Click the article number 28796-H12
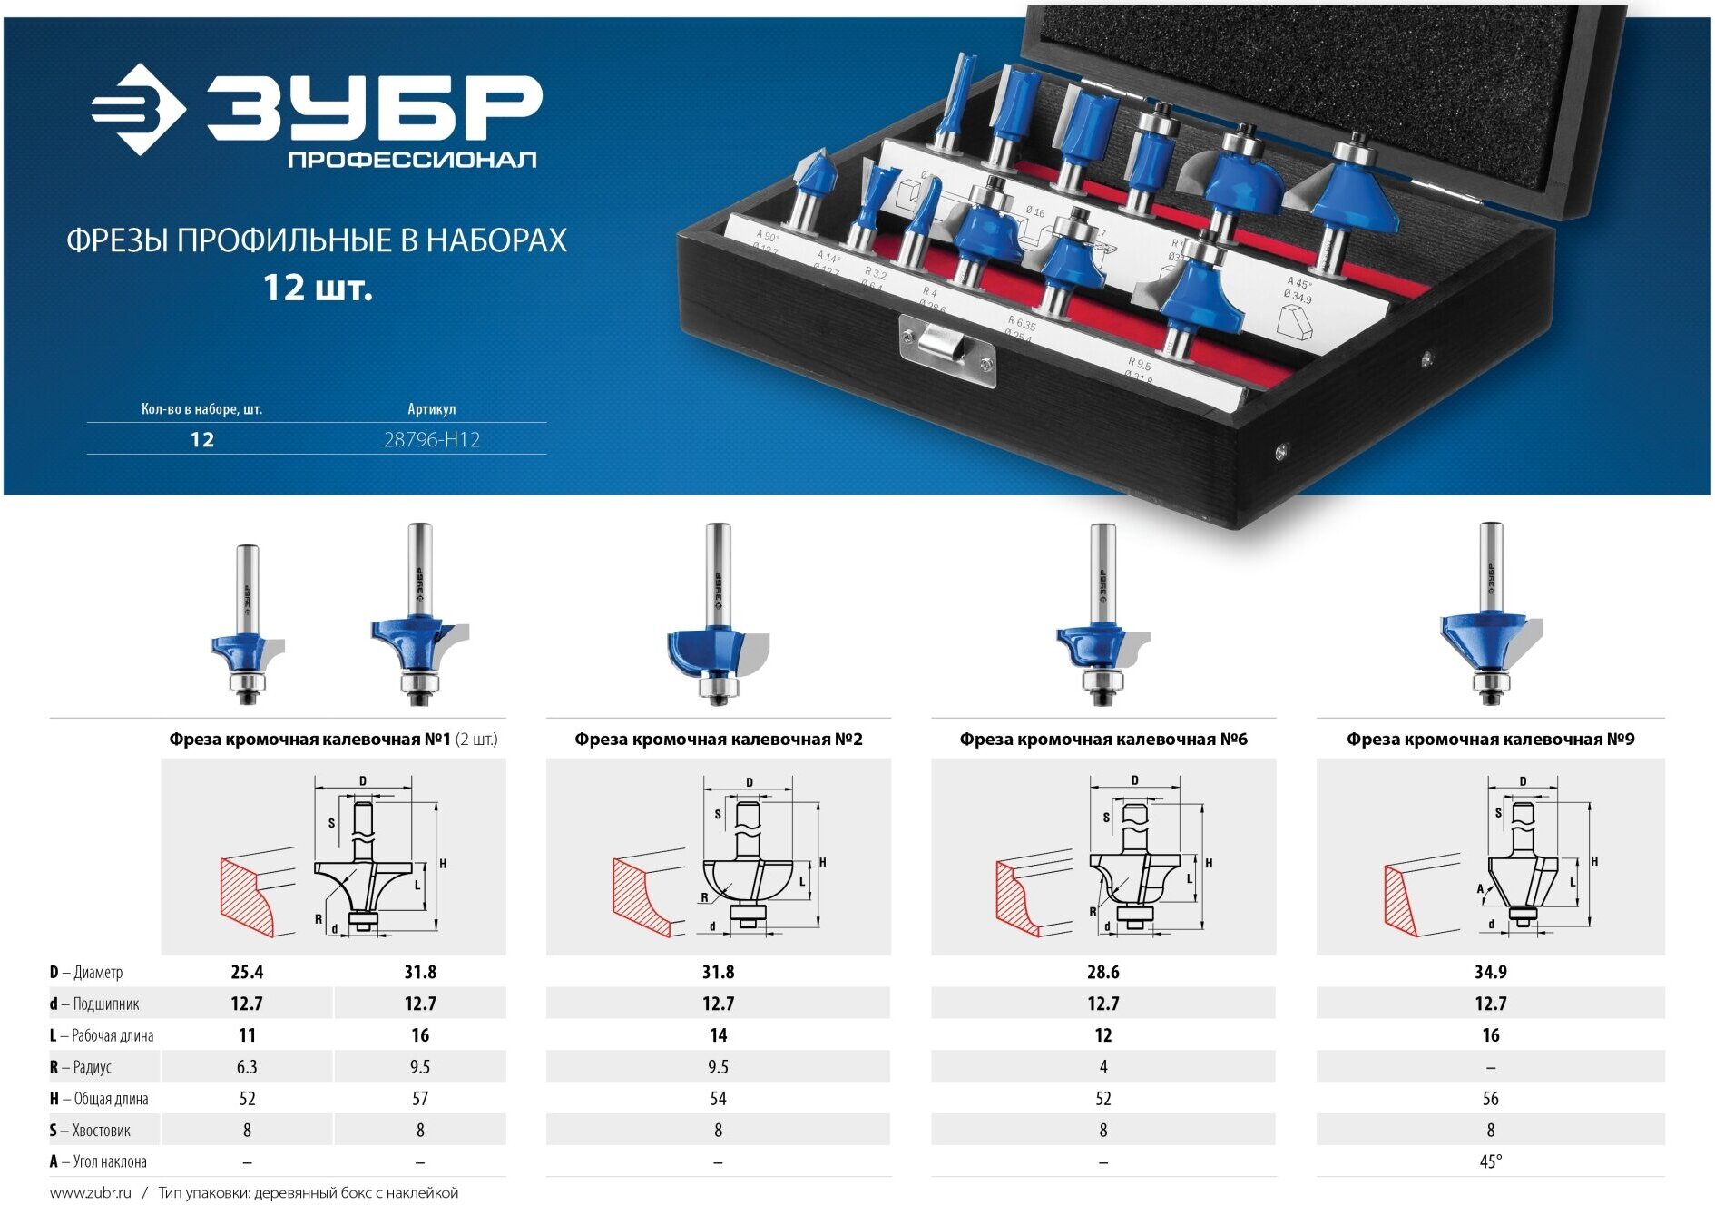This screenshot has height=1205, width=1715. click(x=431, y=440)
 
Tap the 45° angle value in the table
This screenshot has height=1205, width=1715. click(x=1490, y=1161)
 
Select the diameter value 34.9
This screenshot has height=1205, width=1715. click(x=1490, y=972)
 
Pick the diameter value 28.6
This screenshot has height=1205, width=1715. click(x=1102, y=972)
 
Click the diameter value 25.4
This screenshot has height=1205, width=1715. click(x=247, y=972)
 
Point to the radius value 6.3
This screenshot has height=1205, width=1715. click(x=247, y=1067)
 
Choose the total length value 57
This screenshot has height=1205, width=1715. click(x=420, y=1099)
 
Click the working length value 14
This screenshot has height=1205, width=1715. click(x=718, y=1035)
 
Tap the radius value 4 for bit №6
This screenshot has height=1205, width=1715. click(x=1102, y=1067)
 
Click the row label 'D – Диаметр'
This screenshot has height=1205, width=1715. click(x=86, y=973)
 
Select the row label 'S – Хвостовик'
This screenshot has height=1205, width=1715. click(x=90, y=1131)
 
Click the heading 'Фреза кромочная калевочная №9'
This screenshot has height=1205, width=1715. click(x=1490, y=740)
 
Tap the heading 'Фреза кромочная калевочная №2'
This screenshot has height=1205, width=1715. click(x=718, y=740)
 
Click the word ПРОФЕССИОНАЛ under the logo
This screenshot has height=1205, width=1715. click(x=412, y=161)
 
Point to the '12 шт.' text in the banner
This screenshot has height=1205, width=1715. click(x=318, y=289)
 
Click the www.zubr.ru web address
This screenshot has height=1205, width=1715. click(x=91, y=1192)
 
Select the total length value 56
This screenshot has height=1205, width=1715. click(x=1490, y=1099)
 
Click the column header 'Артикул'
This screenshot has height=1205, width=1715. click(x=431, y=409)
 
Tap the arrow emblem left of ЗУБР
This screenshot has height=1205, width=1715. click(x=139, y=109)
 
